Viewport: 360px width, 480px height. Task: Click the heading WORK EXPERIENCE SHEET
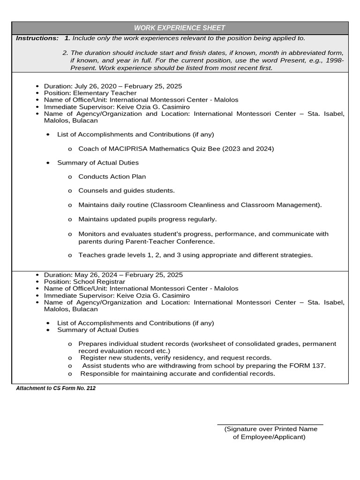click(x=180, y=28)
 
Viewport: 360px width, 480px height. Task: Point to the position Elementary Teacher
click(x=105, y=93)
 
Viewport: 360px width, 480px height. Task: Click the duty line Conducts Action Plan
click(x=112, y=177)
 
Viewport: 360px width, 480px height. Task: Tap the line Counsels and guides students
click(x=126, y=191)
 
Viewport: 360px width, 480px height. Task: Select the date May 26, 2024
click(x=97, y=275)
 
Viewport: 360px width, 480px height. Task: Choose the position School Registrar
click(x=99, y=282)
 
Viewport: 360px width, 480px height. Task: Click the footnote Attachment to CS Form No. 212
click(x=56, y=389)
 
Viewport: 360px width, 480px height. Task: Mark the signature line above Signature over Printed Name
click(x=270, y=425)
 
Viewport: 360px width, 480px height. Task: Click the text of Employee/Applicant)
click(x=269, y=437)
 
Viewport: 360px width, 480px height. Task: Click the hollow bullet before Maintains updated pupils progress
click(x=70, y=219)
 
